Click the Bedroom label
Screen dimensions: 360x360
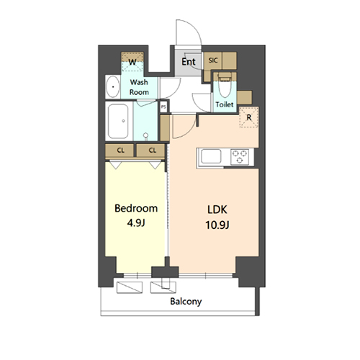136,209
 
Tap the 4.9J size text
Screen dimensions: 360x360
136,222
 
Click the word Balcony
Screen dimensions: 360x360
186,302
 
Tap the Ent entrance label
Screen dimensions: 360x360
189,62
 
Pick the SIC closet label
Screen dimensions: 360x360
212,61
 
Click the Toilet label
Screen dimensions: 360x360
225,105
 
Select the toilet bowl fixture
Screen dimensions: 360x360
225,88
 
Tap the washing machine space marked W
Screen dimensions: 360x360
132,62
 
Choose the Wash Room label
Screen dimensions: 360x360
139,87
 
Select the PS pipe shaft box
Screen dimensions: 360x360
164,107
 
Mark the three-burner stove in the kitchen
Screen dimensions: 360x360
238,156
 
